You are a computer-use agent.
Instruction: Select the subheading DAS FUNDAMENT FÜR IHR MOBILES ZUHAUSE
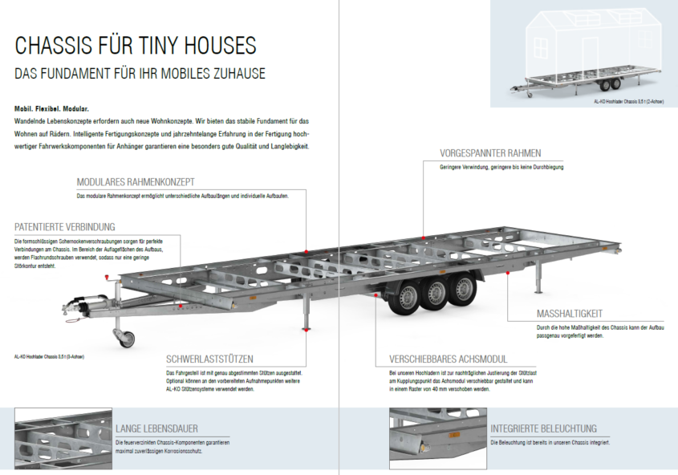coord(140,74)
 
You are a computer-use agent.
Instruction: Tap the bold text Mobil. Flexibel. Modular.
coord(51,108)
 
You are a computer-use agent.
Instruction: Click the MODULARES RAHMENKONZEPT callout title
coord(135,182)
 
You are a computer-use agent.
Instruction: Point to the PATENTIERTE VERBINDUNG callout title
coord(65,227)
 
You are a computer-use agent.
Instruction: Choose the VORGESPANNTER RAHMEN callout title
coord(489,153)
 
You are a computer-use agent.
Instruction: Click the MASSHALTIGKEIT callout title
coord(569,314)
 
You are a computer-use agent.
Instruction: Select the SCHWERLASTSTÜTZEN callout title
coord(210,359)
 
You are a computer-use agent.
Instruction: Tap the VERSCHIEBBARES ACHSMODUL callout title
coord(448,359)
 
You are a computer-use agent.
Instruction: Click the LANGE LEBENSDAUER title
coord(156,428)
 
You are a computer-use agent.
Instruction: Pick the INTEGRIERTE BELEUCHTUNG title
coord(543,428)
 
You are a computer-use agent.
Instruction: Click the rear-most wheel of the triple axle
coord(462,288)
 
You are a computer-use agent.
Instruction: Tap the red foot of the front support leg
coord(307,327)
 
